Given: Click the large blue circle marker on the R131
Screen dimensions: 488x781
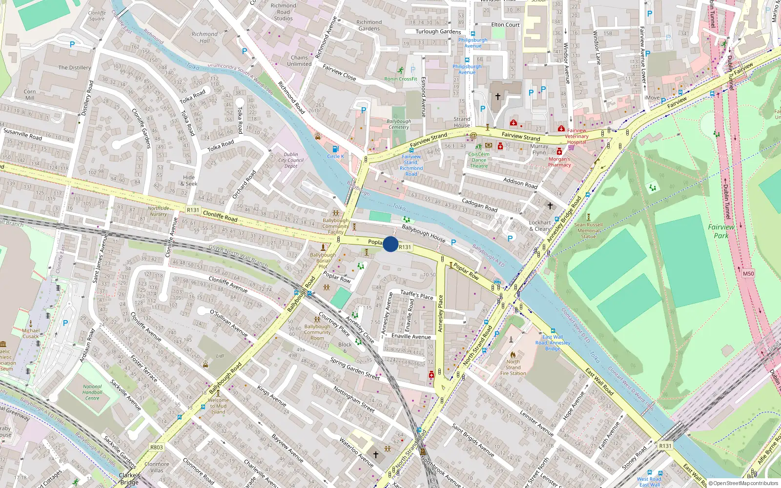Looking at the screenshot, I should click(390, 244).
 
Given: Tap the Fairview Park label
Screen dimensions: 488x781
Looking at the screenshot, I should click(721, 231).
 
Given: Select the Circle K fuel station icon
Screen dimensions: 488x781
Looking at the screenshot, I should click(335, 149).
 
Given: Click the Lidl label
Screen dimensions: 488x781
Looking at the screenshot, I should click(220, 356).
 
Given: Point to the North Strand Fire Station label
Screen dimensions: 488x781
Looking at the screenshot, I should click(513, 367).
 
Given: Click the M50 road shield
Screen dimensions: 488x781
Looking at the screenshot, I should click(748, 274).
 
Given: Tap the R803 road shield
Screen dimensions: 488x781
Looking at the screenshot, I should click(157, 447).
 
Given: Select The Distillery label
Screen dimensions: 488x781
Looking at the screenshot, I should click(75, 68).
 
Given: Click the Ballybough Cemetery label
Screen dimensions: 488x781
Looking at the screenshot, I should click(399, 124).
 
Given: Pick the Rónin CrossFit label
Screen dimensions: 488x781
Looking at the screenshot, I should click(401, 79).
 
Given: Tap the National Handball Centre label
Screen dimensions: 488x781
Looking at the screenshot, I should click(92, 392).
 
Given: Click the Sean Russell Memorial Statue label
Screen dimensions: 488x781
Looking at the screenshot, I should click(588, 231).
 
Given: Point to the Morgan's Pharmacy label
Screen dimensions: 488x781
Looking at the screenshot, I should click(559, 162).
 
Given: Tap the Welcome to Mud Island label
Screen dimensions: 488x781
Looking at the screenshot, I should click(218, 406).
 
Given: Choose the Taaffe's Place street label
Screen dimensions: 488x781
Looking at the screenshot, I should click(417, 295).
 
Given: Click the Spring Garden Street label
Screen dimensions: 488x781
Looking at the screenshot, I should click(355, 369).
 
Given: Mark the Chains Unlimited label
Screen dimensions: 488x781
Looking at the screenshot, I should click(299, 61).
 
